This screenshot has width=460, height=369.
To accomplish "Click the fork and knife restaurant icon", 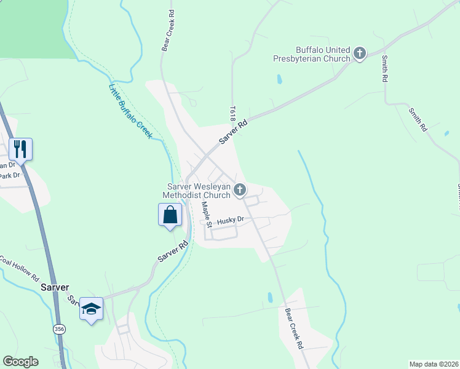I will pos(20,149).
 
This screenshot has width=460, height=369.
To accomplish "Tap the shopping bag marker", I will pos(170,216).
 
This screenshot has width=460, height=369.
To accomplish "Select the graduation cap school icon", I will pos(91,309).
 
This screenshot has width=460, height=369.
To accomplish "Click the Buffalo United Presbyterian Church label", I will pos(312,55).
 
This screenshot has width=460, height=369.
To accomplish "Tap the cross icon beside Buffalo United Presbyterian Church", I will pos(360,54).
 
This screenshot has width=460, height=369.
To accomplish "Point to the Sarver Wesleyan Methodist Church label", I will pos(196,191).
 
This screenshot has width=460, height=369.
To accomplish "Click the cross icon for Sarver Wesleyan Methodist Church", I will pos(240,190).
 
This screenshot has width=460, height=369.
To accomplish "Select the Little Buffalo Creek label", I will pos(130,111).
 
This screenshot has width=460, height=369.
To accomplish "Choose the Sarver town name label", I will pos(54,287).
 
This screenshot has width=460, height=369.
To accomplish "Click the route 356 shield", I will pos(59,328).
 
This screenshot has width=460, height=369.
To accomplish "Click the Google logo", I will pos(20,362).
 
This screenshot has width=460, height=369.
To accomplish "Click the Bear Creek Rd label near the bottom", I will pos(295,328).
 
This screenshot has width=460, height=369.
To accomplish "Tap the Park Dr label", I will pos(9,176).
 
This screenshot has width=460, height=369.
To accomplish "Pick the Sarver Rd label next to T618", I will pos(234,132).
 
